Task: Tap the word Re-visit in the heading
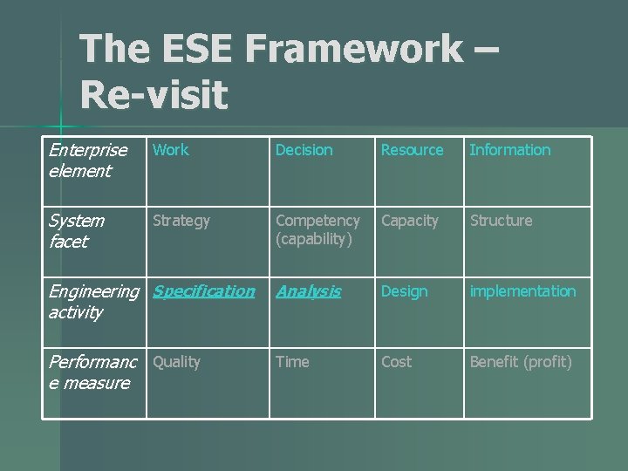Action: click(154, 94)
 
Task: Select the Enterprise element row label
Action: click(88, 160)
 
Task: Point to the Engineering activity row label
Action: click(92, 302)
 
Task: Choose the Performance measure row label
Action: click(90, 372)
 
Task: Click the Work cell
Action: click(171, 150)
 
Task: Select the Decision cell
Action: click(304, 150)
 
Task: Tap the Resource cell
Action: click(412, 150)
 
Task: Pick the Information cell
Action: click(509, 150)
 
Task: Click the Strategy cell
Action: click(181, 221)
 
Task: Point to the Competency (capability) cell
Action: click(317, 230)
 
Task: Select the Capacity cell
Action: click(410, 221)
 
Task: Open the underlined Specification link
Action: click(204, 291)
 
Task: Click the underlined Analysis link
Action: click(309, 291)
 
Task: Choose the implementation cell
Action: click(522, 291)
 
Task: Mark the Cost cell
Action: click(397, 362)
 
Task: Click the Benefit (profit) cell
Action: click(521, 362)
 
